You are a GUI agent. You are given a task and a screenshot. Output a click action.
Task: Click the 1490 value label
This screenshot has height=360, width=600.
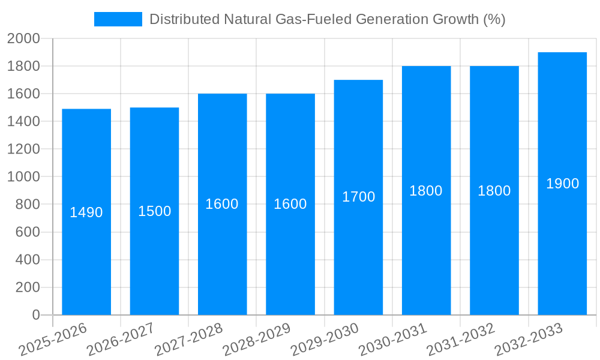(x=86, y=212)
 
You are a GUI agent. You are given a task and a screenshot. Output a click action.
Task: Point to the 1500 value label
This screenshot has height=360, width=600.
(x=154, y=211)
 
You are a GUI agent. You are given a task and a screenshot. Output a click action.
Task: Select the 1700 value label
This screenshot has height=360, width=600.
(x=358, y=197)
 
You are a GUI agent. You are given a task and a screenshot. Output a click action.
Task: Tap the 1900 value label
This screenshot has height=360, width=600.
(x=562, y=184)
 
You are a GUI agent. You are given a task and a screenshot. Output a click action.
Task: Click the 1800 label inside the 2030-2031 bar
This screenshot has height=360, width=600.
(x=426, y=191)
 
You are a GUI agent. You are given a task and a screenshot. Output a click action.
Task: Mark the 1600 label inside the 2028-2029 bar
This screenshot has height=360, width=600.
(x=290, y=204)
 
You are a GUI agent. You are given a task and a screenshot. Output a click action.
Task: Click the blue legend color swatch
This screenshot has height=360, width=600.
(x=118, y=19)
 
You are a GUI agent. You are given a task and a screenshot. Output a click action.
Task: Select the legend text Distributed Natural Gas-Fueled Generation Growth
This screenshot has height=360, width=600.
(x=327, y=19)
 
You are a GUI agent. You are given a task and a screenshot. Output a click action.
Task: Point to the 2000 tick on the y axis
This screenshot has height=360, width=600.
(x=23, y=39)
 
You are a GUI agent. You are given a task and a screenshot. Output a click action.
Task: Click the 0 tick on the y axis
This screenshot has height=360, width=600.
(x=35, y=315)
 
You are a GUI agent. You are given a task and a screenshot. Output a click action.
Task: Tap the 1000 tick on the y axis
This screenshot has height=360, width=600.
(x=23, y=177)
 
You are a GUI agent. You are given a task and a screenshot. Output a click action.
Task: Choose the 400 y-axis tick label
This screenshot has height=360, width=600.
(x=27, y=260)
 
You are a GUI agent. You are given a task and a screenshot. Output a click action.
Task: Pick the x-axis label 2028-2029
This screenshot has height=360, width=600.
(x=257, y=340)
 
